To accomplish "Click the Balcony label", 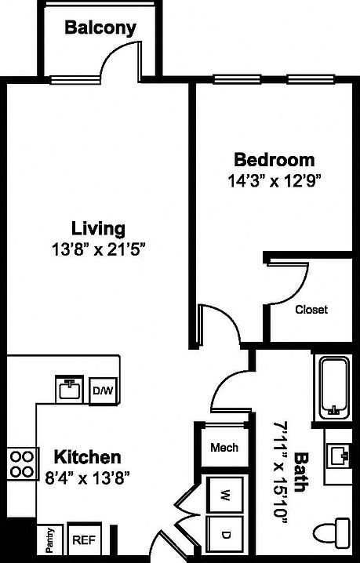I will (100, 28).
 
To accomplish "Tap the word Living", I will (98, 229).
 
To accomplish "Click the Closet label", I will (311, 309).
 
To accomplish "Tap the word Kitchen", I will (86, 456).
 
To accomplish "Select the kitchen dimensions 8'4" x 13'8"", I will (86, 476).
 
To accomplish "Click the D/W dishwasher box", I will (101, 390).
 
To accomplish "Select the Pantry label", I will (49, 539).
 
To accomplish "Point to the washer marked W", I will (224, 496).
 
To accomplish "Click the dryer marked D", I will (224, 535).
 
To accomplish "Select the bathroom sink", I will (340, 455).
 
